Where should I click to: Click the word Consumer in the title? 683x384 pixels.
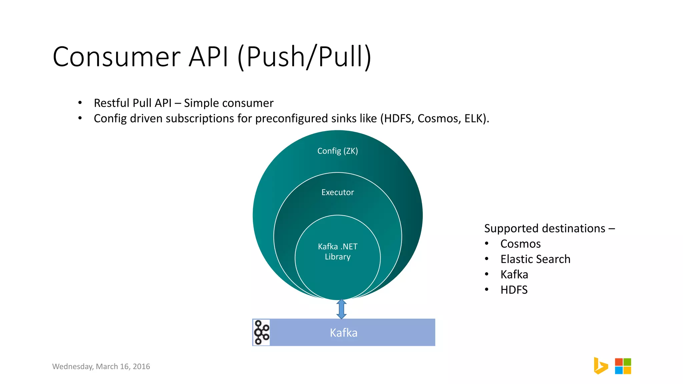[x=117, y=57]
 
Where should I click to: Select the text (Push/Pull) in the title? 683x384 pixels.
[x=304, y=57]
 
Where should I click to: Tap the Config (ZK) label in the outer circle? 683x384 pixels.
[x=337, y=151]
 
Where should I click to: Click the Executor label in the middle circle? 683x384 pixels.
[x=337, y=192]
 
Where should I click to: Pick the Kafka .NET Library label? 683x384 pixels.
[x=337, y=252]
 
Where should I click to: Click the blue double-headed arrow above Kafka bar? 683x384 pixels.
[x=341, y=309]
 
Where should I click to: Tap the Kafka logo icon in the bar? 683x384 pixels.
[x=261, y=332]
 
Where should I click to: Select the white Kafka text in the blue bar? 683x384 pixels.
[x=344, y=333]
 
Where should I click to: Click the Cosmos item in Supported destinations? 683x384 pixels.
[x=520, y=244]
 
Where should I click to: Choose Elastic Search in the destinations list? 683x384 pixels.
[x=535, y=259]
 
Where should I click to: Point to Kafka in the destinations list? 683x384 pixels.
[x=514, y=275]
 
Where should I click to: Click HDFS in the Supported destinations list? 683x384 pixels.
[x=514, y=290]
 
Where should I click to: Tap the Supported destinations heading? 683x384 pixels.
[x=549, y=229]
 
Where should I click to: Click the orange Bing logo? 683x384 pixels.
[x=600, y=366]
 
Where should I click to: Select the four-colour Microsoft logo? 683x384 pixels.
[x=623, y=366]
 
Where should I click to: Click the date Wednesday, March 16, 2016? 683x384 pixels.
[x=101, y=367]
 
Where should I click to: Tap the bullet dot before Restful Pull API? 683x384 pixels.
[x=80, y=103]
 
